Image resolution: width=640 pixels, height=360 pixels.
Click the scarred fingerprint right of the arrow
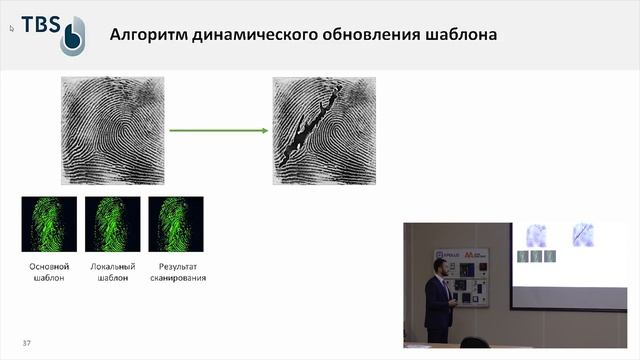(x=325, y=130)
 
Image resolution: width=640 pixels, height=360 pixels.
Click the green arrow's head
(x=264, y=130)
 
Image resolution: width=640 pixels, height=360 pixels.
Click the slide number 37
(x=27, y=344)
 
